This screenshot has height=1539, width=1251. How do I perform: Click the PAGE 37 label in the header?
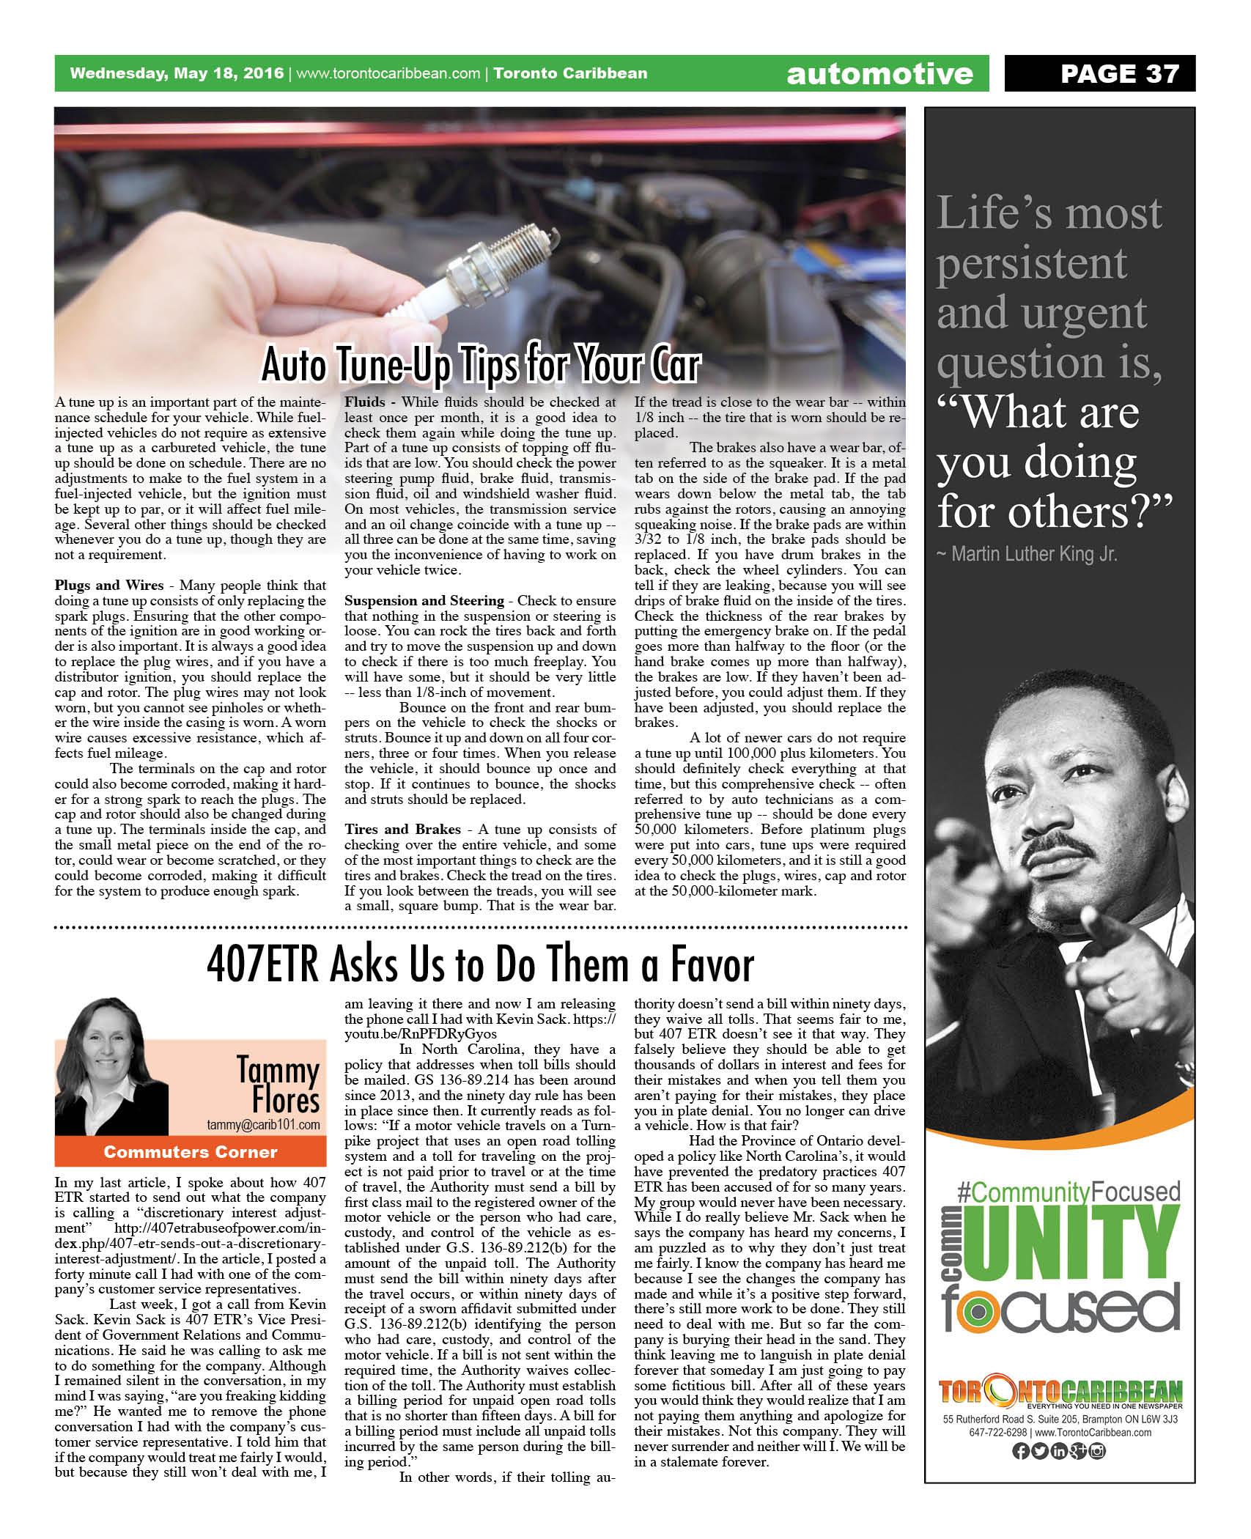[1120, 73]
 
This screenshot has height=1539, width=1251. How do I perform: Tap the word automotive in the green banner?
[879, 74]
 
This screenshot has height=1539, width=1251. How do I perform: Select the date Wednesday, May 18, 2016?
[176, 73]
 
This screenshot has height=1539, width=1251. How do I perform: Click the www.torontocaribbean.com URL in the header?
[388, 73]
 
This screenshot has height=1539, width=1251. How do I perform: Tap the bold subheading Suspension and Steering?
[424, 601]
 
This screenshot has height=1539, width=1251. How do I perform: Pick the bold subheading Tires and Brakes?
[402, 829]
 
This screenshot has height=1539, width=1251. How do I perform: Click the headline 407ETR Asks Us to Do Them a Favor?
[480, 965]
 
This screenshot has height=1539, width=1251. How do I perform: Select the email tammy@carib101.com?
[263, 1124]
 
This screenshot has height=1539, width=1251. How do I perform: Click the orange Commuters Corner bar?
[191, 1152]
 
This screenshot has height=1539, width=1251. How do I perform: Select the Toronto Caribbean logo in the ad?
[1060, 1392]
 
